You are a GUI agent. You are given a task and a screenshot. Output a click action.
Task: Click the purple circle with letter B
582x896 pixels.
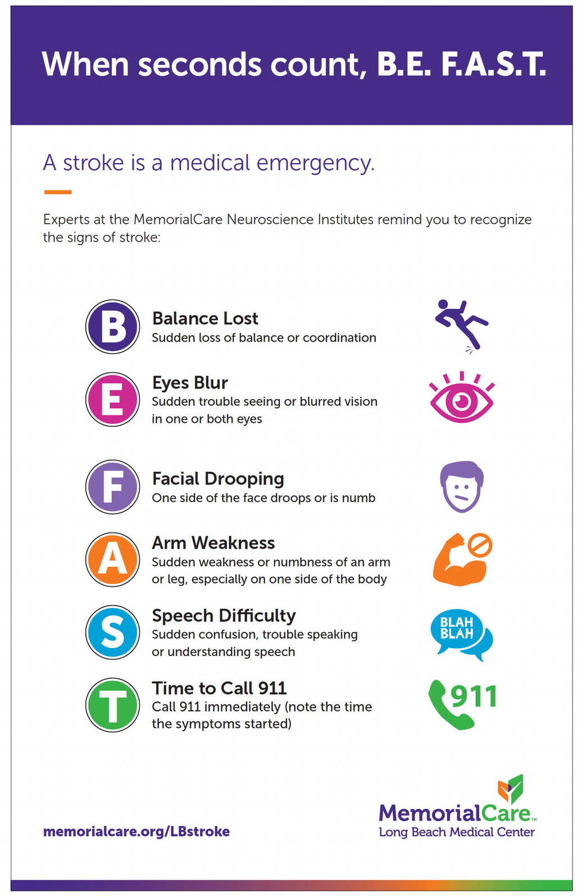pyautogui.click(x=112, y=327)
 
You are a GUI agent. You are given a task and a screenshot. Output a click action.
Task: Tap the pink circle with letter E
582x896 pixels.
pyautogui.click(x=112, y=399)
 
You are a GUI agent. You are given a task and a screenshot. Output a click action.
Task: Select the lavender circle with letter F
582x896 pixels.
pyautogui.click(x=112, y=486)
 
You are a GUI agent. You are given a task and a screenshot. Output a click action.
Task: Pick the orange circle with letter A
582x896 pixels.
pyautogui.click(x=112, y=559)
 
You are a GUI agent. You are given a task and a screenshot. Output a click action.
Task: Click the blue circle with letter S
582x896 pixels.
pyautogui.click(x=112, y=632)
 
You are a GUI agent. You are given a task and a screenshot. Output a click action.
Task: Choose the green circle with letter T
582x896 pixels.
pyautogui.click(x=112, y=704)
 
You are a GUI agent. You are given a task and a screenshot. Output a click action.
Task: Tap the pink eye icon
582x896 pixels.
pyautogui.click(x=461, y=400)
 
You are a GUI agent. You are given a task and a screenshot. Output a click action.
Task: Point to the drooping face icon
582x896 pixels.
pyautogui.click(x=461, y=487)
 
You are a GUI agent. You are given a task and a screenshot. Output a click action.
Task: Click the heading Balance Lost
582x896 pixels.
pyautogui.click(x=205, y=319)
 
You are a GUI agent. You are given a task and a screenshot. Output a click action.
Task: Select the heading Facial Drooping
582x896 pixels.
pyautogui.click(x=218, y=479)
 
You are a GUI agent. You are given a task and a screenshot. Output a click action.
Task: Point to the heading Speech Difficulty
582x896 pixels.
pyautogui.click(x=224, y=616)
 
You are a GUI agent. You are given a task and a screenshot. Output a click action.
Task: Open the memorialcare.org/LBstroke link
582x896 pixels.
pyautogui.click(x=137, y=831)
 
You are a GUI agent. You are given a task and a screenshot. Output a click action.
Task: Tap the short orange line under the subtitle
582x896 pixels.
pyautogui.click(x=57, y=192)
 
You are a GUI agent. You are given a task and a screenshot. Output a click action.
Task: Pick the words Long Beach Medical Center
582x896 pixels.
pyautogui.click(x=457, y=832)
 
